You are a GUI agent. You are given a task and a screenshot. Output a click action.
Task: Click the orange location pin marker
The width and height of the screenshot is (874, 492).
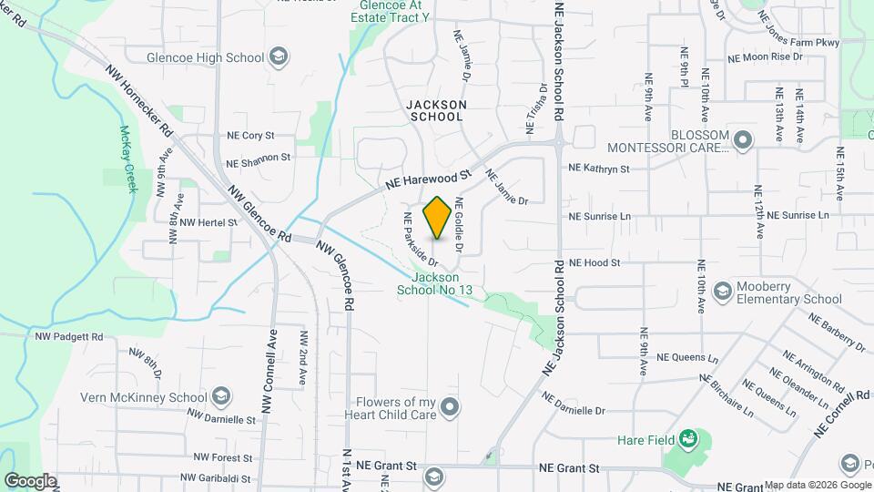437,218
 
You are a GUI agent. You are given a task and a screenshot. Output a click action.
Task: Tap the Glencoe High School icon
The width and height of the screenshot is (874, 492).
279,57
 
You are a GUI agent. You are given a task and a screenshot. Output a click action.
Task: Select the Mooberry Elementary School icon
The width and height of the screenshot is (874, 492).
723,291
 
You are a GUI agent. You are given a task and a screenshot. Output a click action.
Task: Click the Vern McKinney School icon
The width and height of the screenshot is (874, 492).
220,396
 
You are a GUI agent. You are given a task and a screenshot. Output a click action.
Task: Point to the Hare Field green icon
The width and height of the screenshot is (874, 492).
688,439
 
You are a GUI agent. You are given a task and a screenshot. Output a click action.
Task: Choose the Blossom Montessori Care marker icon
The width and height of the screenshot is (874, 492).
743,140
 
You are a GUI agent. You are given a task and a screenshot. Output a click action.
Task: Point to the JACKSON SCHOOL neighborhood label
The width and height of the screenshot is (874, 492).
437,110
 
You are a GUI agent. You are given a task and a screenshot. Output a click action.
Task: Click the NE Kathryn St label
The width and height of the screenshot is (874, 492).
599,169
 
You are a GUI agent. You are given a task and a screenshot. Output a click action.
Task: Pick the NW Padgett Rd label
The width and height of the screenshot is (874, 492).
69,336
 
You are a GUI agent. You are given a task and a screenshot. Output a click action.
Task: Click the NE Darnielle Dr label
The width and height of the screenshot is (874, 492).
574,404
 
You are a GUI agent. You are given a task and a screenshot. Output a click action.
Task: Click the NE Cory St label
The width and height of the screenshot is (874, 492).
250,136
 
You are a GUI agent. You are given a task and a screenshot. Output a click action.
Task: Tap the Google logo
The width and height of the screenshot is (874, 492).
29,480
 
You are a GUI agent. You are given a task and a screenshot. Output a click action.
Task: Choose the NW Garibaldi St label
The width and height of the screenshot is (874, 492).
217,477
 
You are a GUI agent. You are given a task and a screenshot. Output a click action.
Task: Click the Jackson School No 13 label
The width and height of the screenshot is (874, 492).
434,284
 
